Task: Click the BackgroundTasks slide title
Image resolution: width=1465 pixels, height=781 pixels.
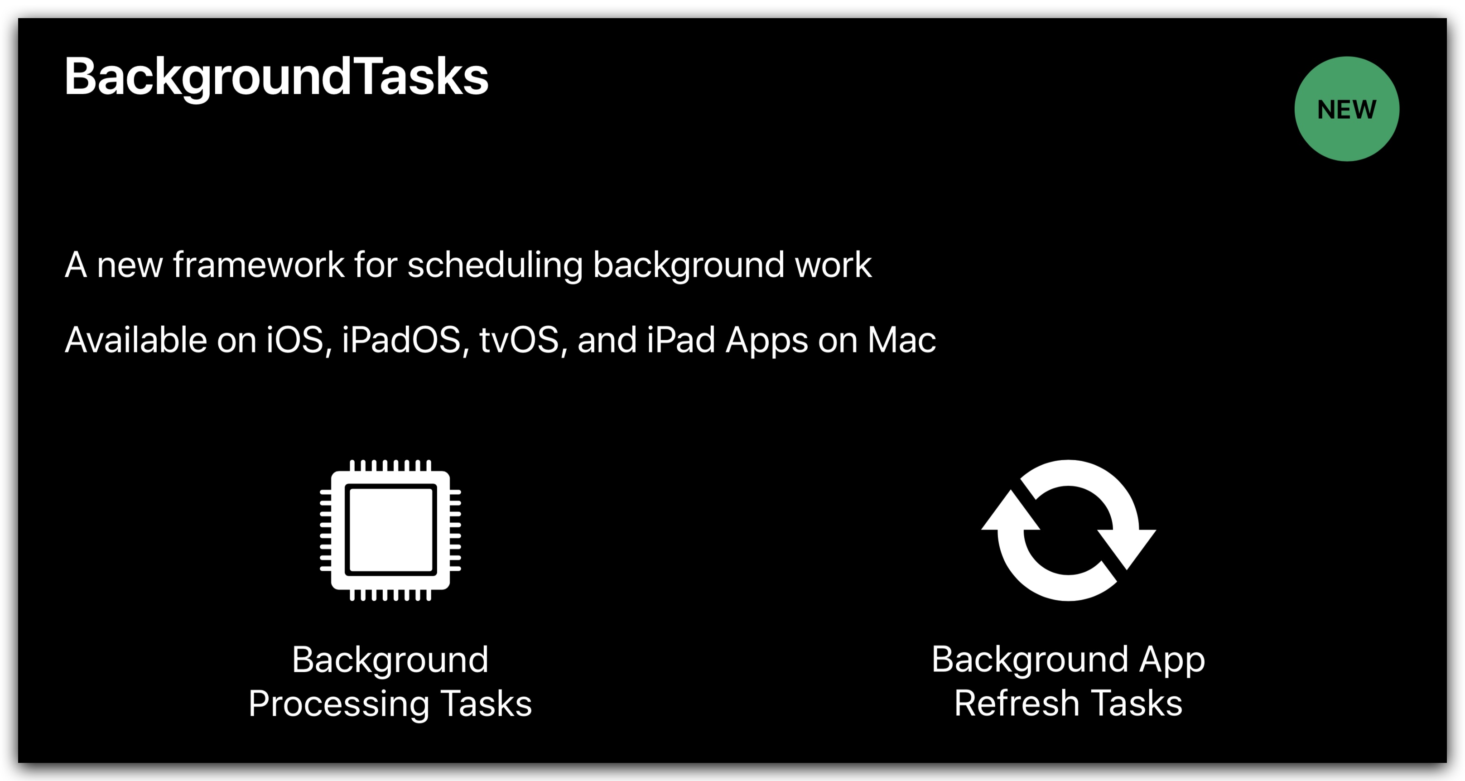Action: [276, 78]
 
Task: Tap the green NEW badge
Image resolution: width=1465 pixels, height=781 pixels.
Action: [1347, 109]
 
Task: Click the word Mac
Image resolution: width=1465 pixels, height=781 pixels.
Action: [901, 340]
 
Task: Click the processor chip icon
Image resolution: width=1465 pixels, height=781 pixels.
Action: [390, 530]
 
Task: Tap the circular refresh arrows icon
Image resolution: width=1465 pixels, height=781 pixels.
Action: [1069, 530]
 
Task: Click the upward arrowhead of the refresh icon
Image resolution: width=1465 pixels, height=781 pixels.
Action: [1011, 511]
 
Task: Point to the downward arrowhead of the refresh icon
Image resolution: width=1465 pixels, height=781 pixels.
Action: [1127, 549]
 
